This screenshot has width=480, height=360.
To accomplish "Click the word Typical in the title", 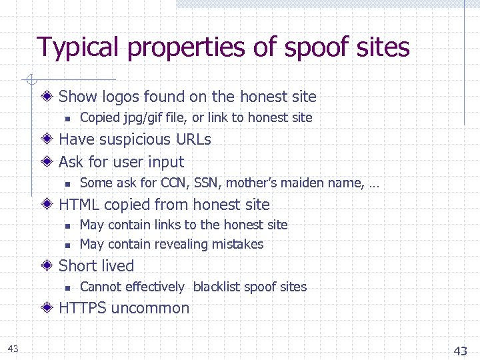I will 78,47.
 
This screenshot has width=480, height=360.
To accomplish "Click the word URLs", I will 193,139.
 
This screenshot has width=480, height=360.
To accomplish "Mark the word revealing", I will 191,245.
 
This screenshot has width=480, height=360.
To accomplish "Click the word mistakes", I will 239,245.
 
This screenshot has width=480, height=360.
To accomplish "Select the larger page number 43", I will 460,351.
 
